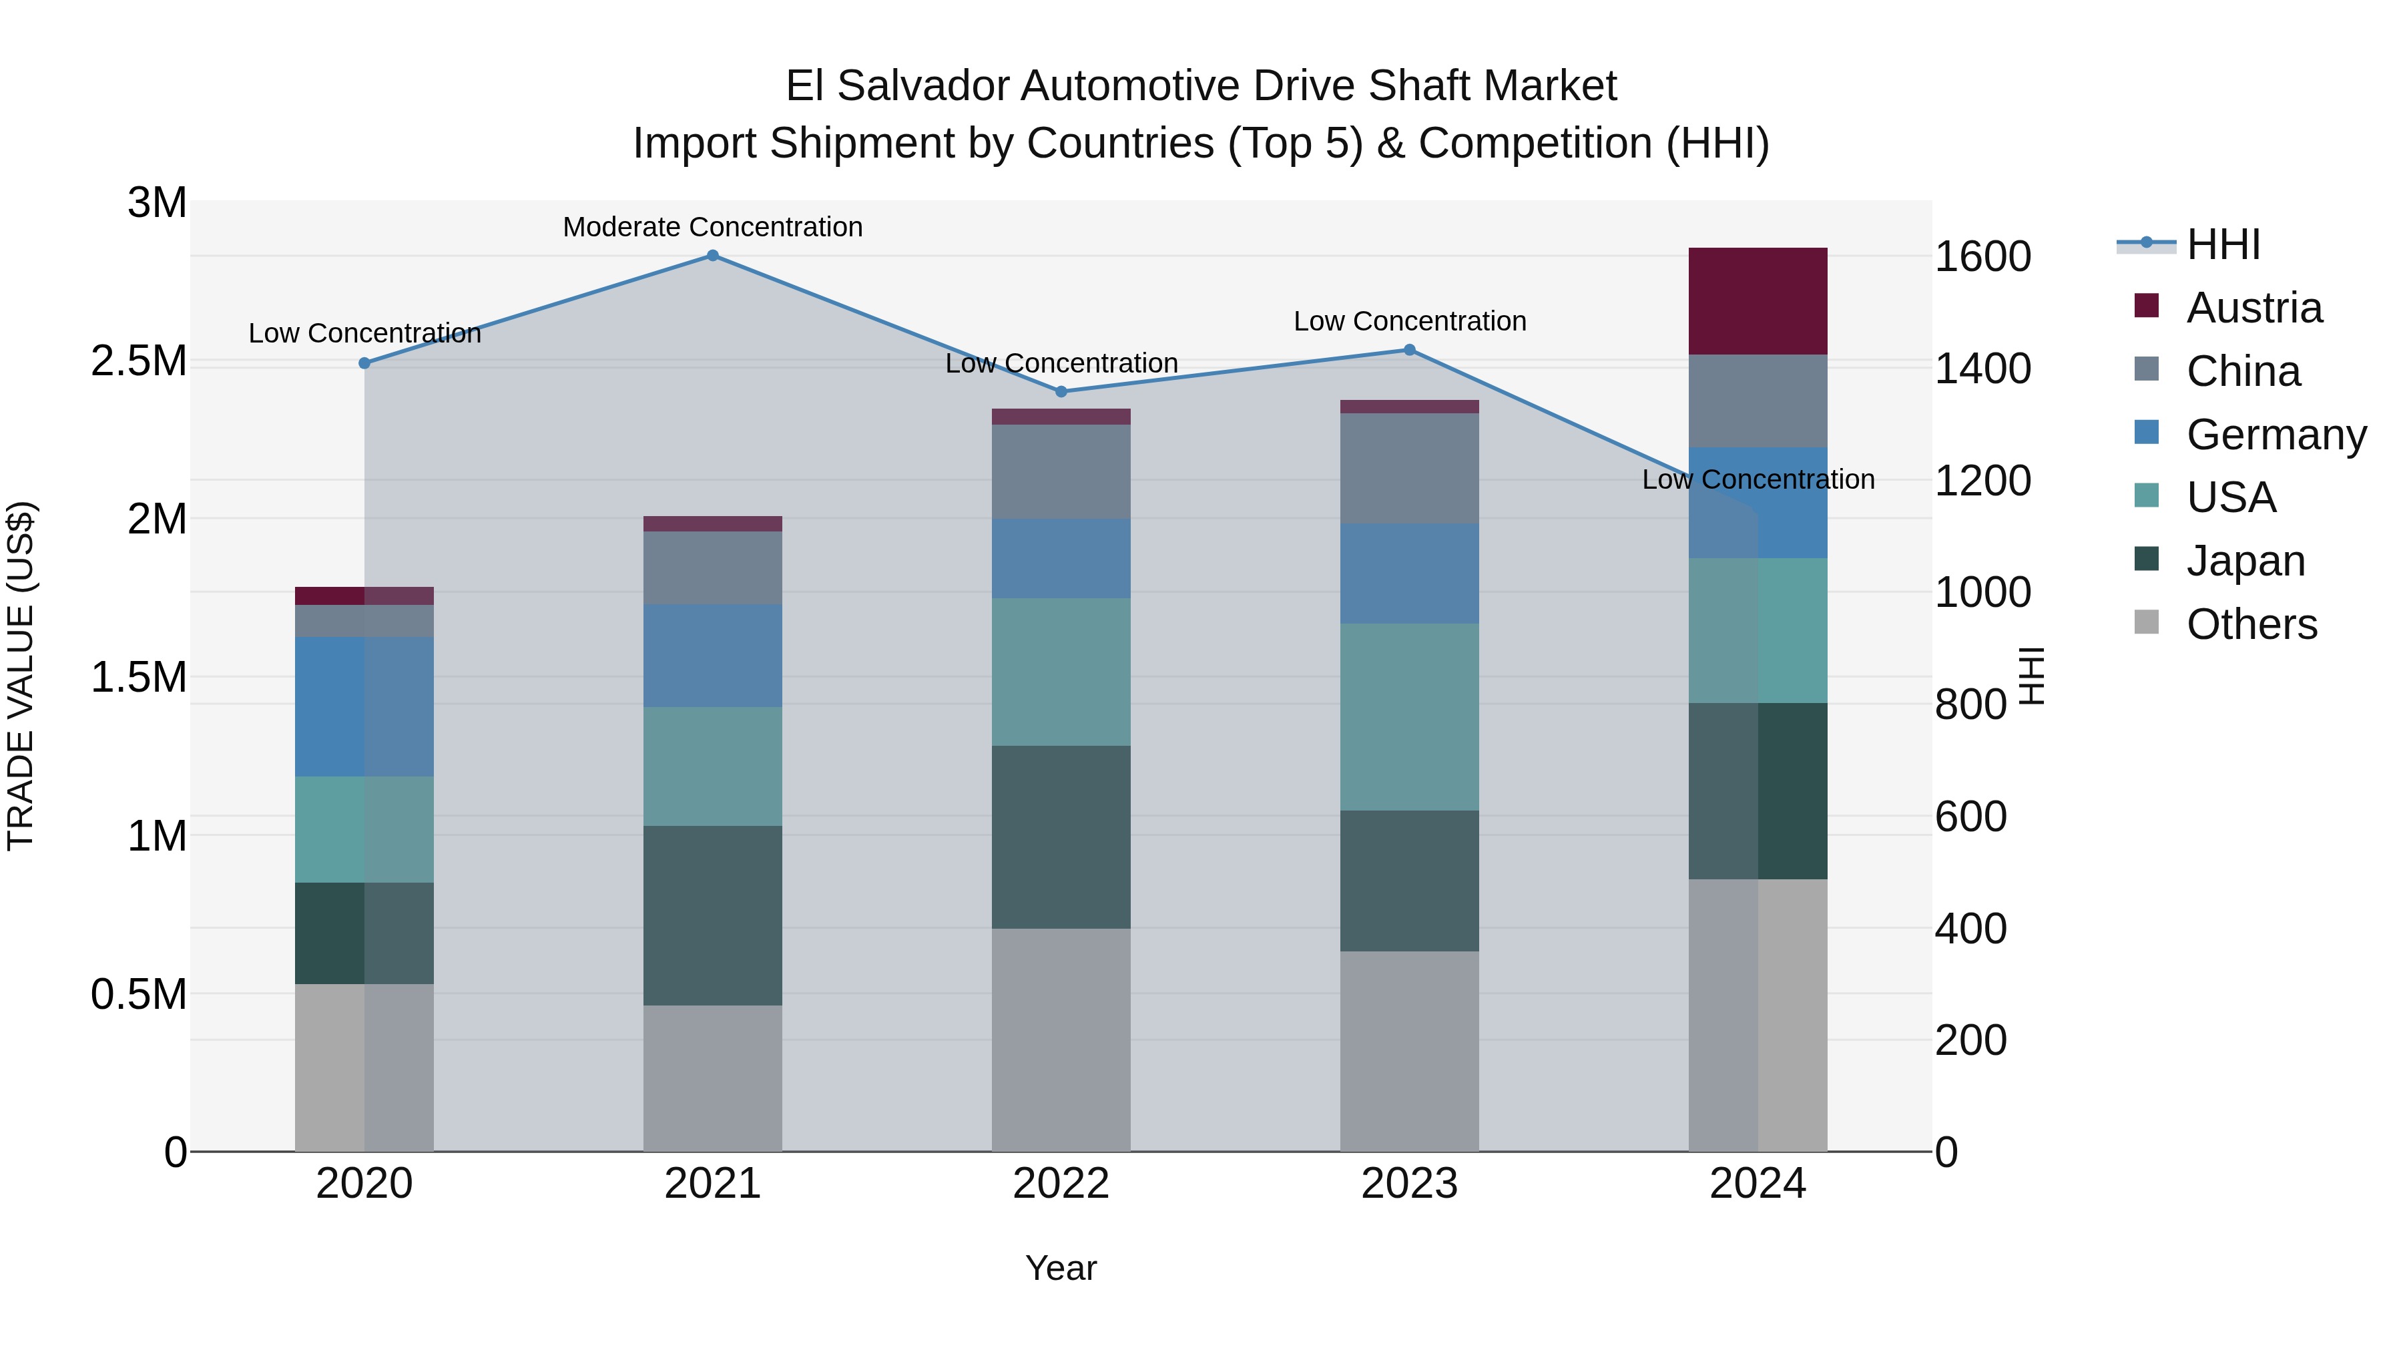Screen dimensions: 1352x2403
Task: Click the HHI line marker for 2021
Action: pyautogui.click(x=713, y=256)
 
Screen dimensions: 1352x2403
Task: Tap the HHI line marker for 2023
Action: pyautogui.click(x=1410, y=350)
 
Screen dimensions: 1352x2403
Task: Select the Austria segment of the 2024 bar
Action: pyautogui.click(x=1758, y=301)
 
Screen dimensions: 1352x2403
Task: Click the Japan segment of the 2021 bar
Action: pyautogui.click(x=713, y=915)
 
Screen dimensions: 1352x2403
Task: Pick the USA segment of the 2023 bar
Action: pyautogui.click(x=1410, y=716)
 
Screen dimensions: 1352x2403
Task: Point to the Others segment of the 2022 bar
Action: pyautogui.click(x=1061, y=1040)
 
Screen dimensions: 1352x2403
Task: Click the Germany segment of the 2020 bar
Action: pyautogui.click(x=364, y=706)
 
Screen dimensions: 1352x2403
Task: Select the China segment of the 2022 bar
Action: pyautogui.click(x=1061, y=472)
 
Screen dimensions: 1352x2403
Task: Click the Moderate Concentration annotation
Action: pyautogui.click(x=713, y=227)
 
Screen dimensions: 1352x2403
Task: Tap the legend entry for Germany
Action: pyautogui.click(x=2276, y=435)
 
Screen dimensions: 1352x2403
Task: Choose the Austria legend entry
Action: pyautogui.click(x=2253, y=308)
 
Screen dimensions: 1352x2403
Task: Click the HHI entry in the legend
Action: pyautogui.click(x=2222, y=244)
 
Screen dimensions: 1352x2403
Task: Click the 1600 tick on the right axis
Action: pyautogui.click(x=1982, y=256)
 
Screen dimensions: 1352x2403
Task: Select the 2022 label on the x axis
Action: pyautogui.click(x=1061, y=1184)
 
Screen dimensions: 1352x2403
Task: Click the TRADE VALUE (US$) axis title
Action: pyautogui.click(x=21, y=676)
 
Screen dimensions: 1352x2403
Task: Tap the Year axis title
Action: pyautogui.click(x=1061, y=1268)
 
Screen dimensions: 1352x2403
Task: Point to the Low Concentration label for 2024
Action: pyautogui.click(x=1758, y=479)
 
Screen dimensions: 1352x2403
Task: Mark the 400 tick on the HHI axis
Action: pyautogui.click(x=1970, y=929)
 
